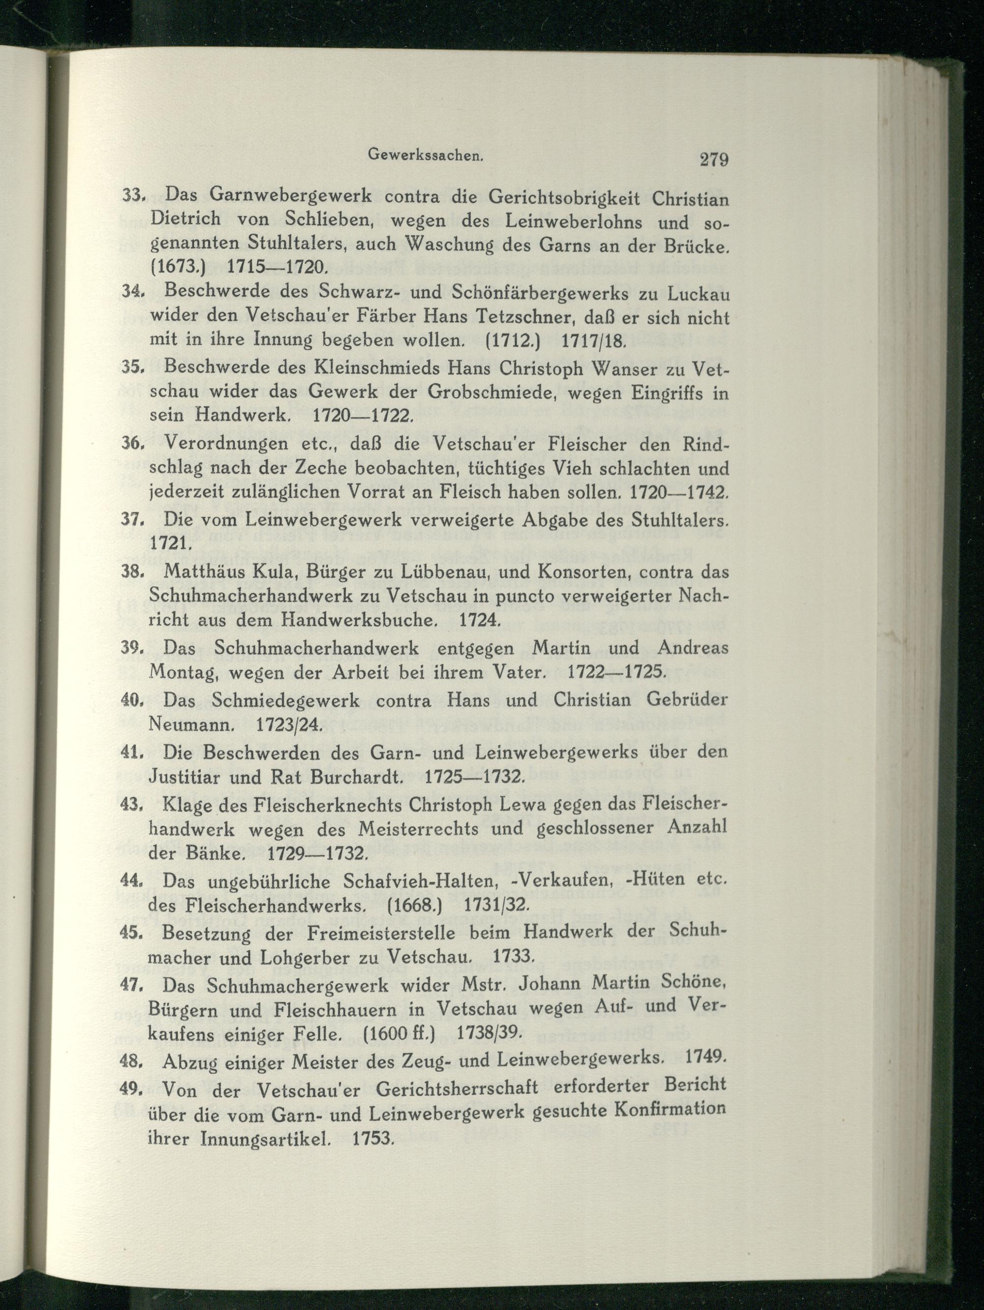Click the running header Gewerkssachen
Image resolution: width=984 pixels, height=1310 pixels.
[x=426, y=155]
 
